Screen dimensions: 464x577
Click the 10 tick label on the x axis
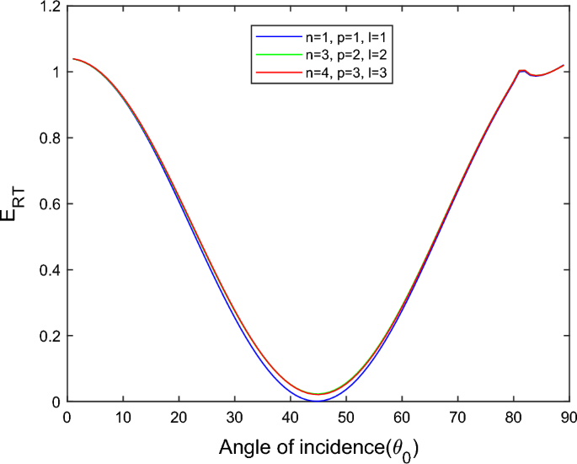(x=123, y=417)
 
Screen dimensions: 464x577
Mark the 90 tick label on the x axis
(x=568, y=417)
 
